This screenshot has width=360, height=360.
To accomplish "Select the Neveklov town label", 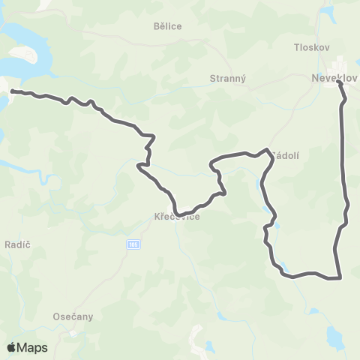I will (333, 76).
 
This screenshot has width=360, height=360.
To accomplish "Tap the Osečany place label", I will (72, 316).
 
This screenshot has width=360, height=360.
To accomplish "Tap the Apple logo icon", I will (12, 347).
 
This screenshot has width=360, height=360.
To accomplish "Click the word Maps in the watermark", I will (32, 347).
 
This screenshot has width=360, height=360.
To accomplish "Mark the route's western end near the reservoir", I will (11, 91).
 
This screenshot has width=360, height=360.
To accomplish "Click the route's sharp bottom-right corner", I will (340, 278).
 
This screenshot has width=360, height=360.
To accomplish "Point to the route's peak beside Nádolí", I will (267, 149).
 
